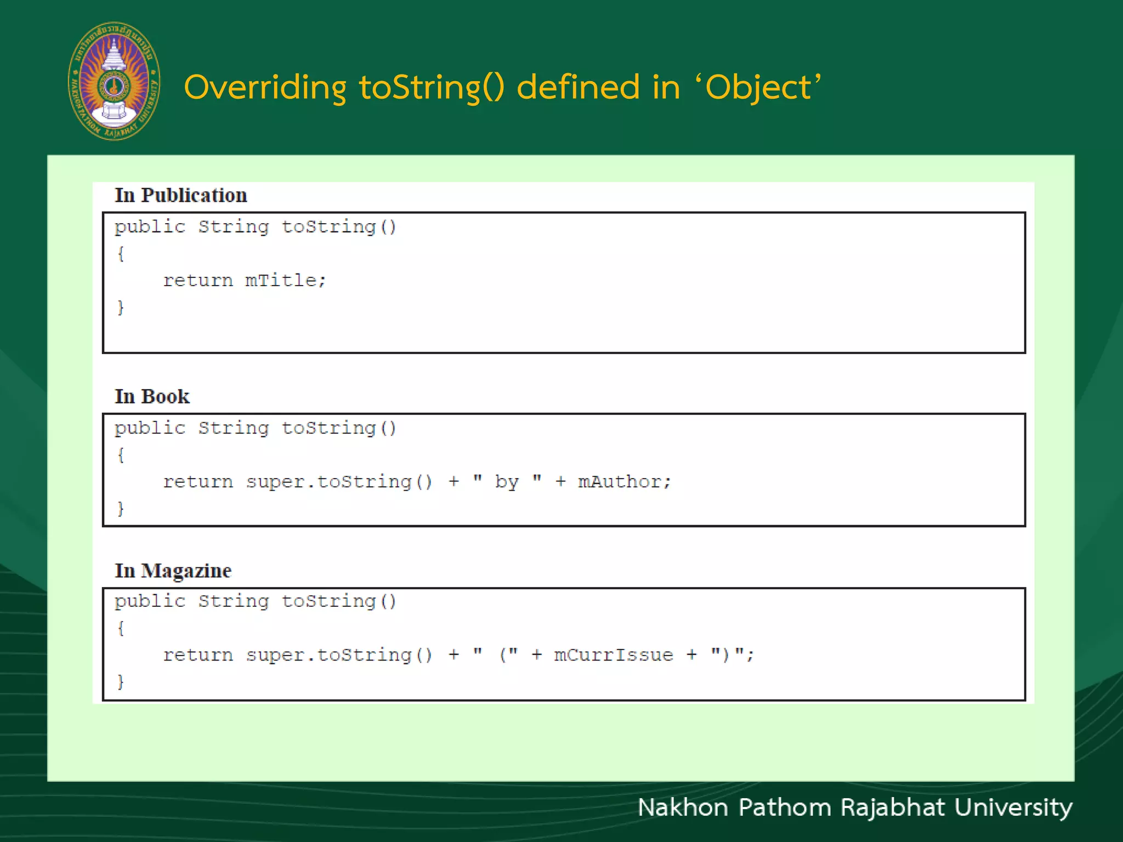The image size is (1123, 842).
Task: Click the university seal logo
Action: coord(114,81)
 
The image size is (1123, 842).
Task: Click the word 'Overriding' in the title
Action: coord(265,88)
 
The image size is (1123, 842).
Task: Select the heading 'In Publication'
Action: coord(180,196)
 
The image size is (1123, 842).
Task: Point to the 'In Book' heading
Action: coord(152,396)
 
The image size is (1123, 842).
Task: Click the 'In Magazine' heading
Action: coord(173,571)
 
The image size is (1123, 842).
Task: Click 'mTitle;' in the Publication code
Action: coord(285,281)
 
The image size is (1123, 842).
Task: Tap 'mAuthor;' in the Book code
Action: coord(624,482)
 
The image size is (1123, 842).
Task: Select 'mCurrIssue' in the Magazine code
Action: coord(613,655)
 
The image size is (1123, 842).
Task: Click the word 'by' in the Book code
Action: coord(507,482)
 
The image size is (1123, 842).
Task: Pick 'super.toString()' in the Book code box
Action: coord(339,482)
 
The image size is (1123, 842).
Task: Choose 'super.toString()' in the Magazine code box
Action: coord(339,655)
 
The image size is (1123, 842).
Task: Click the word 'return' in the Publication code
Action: coord(198,281)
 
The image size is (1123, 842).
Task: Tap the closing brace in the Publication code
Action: coord(121,307)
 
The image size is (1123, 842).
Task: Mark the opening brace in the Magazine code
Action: coord(121,628)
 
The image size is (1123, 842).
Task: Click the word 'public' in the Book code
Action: coord(150,428)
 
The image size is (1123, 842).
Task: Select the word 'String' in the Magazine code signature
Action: coord(234,601)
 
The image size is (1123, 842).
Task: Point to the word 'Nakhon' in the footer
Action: coord(683,807)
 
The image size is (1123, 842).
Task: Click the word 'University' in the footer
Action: coord(1013,807)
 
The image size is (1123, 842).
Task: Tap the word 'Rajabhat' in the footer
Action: coord(892,807)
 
